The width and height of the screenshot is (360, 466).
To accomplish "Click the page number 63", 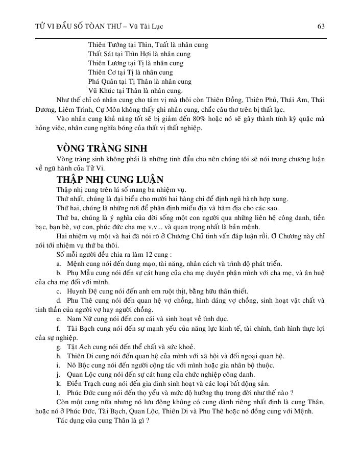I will click(x=322, y=26).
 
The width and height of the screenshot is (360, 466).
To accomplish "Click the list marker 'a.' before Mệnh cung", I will click(x=60, y=263).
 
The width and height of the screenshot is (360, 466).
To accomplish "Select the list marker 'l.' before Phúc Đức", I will click(x=59, y=393).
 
